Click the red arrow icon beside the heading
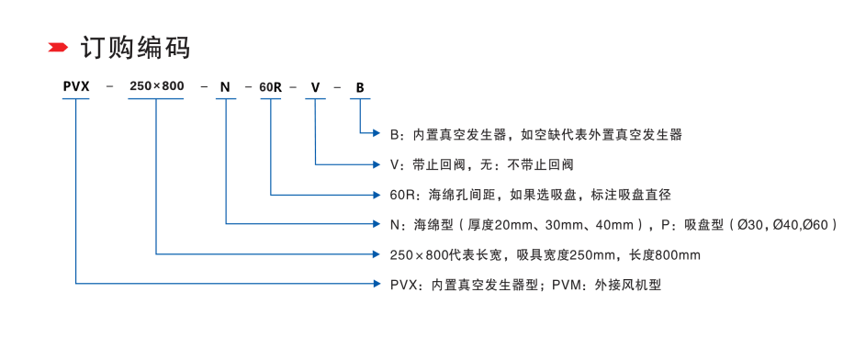pyautogui.click(x=57, y=47)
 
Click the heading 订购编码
pyautogui.click(x=135, y=47)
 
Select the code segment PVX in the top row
pyautogui.click(x=75, y=87)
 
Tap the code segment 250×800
pyautogui.click(x=156, y=87)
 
